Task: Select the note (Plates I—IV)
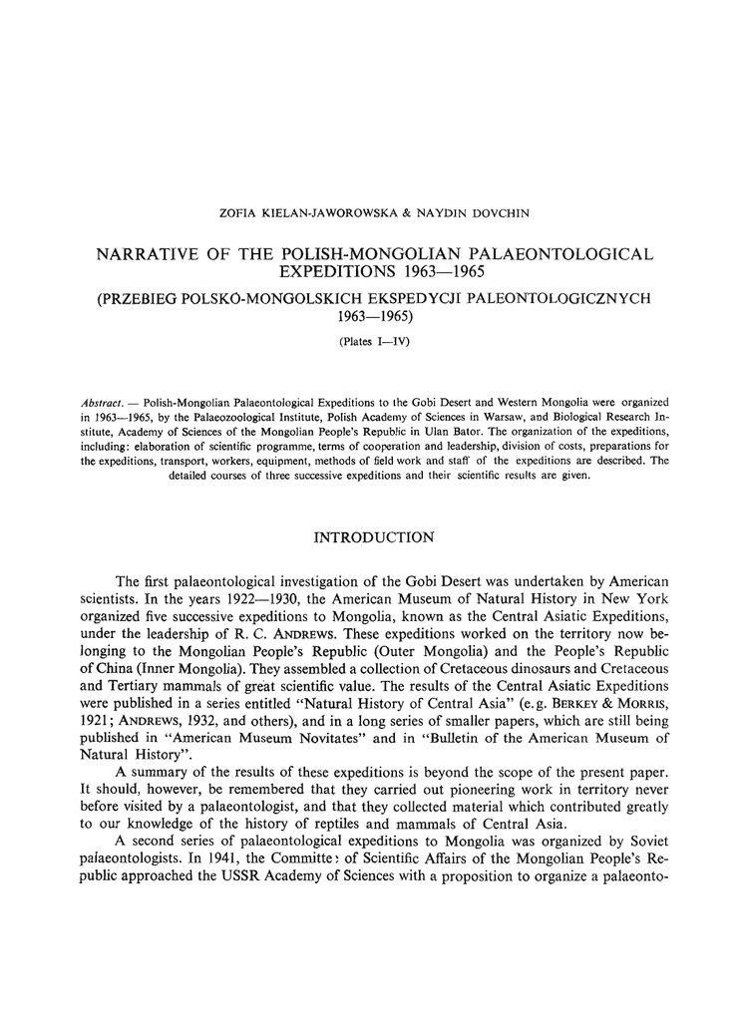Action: (374, 341)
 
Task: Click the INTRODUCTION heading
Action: (374, 538)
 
